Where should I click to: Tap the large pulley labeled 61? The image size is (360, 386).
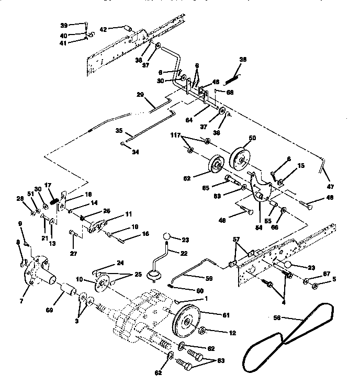coord(186,321)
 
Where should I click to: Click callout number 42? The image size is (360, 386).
coord(104,29)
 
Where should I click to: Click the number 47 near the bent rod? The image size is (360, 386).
coord(330,186)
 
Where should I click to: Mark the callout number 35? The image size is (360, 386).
coord(119,131)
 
